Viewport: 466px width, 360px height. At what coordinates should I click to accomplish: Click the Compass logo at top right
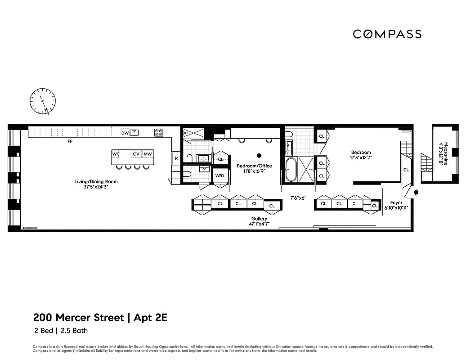click(x=387, y=34)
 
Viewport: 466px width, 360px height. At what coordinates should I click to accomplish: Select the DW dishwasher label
click(x=125, y=133)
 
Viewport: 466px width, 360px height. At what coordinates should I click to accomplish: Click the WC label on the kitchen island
click(x=116, y=154)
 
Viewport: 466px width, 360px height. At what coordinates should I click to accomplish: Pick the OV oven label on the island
click(x=136, y=154)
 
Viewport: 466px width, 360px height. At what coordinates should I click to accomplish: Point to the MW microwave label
click(x=148, y=154)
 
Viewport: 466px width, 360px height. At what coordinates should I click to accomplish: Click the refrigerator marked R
click(x=176, y=158)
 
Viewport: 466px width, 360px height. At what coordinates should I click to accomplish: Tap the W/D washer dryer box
click(x=220, y=175)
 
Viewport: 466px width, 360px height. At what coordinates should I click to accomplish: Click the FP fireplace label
click(x=70, y=141)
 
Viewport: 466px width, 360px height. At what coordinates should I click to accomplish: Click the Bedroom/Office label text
click(x=254, y=166)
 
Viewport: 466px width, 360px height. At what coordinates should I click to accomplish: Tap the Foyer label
click(x=396, y=203)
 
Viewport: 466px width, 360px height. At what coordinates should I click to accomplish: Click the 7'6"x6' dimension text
click(x=298, y=197)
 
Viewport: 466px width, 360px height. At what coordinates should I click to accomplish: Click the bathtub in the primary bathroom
click(x=291, y=170)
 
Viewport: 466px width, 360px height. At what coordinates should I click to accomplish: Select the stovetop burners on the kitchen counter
click(x=159, y=132)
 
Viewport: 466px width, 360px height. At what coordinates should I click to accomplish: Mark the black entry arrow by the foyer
click(x=416, y=192)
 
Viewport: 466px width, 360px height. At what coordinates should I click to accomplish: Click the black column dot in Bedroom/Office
click(x=259, y=156)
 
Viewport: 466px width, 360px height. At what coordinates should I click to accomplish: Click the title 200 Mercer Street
click(x=78, y=317)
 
